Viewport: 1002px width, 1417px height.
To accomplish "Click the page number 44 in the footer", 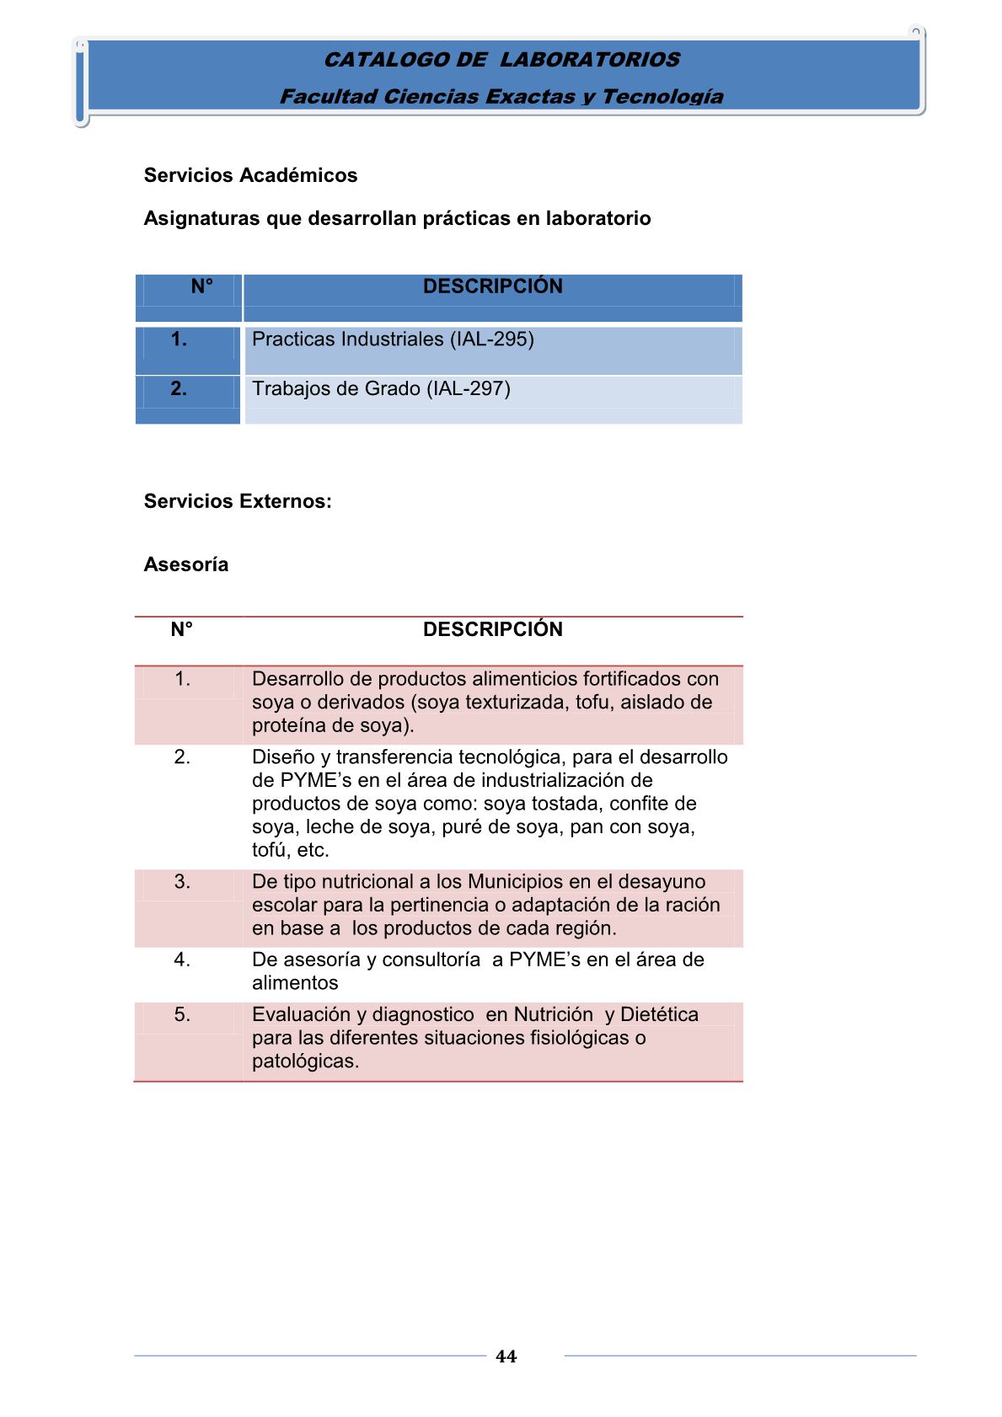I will tap(506, 1356).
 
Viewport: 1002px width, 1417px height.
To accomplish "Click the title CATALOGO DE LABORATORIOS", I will tap(501, 60).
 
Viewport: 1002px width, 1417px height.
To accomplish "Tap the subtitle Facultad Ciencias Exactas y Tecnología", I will tap(501, 97).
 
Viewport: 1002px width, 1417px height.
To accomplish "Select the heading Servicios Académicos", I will tap(250, 175).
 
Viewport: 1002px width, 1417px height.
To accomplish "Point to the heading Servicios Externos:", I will tap(238, 501).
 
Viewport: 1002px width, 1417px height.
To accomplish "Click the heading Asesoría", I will tap(186, 564).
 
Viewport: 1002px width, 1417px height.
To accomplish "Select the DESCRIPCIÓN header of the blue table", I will tap(492, 286).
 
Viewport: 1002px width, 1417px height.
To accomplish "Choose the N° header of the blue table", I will tap(201, 286).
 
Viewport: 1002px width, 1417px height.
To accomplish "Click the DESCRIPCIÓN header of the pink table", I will tap(492, 629).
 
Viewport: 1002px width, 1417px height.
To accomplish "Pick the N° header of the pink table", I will tap(182, 629).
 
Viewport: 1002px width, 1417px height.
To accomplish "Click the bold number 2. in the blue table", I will tap(179, 389).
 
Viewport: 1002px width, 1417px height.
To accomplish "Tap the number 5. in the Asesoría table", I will tap(182, 1015).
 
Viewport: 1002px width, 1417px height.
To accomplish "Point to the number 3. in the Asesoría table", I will tap(182, 882).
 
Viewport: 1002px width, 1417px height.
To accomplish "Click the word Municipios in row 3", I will tap(514, 882).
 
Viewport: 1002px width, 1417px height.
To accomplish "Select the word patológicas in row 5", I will tap(305, 1061).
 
